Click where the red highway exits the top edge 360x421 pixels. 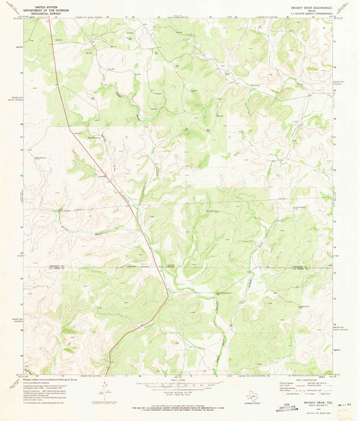(49, 18)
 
